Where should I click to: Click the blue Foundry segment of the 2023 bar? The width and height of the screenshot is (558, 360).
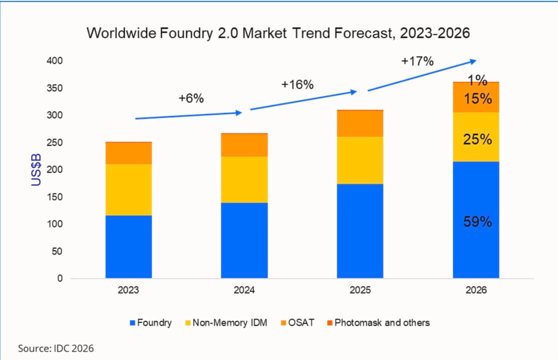pos(128,246)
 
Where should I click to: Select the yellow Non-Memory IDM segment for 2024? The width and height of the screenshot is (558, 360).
pos(244,179)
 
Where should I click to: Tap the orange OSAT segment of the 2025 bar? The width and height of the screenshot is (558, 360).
pos(360,123)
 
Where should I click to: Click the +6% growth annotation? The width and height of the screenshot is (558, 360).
pos(191,98)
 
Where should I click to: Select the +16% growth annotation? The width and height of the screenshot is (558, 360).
pos(297,84)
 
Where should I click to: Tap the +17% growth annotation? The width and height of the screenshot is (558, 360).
pos(417,61)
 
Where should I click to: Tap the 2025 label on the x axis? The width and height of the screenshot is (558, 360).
pos(360,290)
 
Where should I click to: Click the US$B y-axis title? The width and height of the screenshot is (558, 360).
pos(36,170)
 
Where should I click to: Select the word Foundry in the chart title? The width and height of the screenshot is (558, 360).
pos(193,33)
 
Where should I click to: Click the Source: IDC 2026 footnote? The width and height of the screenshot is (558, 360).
pos(55,348)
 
